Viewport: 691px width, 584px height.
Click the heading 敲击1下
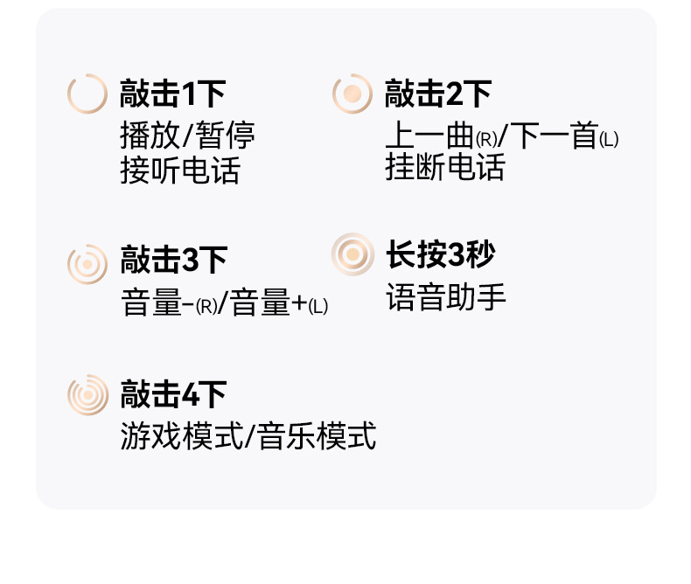tap(173, 94)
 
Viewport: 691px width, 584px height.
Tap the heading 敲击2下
tap(438, 94)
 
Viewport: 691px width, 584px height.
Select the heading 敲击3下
tap(174, 260)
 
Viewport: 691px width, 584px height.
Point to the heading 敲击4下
tap(174, 394)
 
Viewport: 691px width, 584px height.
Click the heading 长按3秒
tap(441, 254)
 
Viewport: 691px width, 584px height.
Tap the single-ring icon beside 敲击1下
tap(87, 94)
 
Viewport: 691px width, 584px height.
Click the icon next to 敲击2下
tap(352, 94)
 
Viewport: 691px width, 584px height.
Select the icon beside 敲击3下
tap(87, 264)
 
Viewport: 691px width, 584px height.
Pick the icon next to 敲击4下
tap(87, 395)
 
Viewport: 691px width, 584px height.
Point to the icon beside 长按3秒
tap(352, 254)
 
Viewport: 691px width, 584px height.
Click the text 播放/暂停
tap(187, 136)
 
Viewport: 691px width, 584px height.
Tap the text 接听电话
tap(180, 170)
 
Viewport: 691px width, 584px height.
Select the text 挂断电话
tap(445, 167)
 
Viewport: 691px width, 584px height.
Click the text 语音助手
tap(446, 297)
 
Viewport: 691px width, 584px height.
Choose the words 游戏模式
tap(182, 435)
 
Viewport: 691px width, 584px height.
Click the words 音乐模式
tap(317, 435)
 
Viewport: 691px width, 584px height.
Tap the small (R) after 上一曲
tap(486, 140)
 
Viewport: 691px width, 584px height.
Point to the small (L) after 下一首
tap(609, 140)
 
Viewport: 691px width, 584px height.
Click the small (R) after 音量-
tap(206, 307)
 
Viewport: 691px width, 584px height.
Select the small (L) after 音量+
tap(318, 307)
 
